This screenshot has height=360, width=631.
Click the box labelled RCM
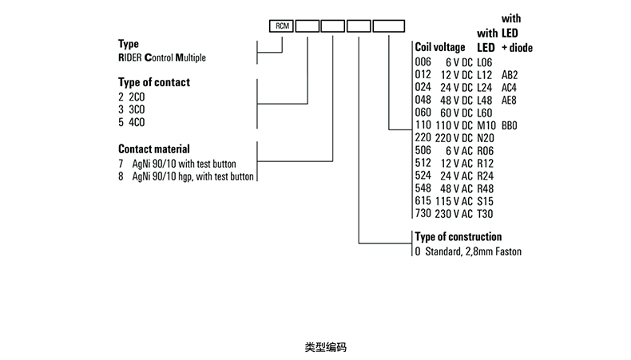[x=282, y=26]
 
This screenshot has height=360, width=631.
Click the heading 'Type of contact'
[x=154, y=81]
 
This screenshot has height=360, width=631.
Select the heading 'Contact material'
[x=153, y=148]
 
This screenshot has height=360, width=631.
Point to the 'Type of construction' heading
[x=458, y=237]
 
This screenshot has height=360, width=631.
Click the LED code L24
[x=485, y=88]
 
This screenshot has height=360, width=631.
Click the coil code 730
[x=423, y=214]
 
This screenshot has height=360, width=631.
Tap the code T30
[x=485, y=214]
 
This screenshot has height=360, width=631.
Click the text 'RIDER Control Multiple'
[x=163, y=57]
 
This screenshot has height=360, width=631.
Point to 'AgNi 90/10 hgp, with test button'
[x=192, y=176]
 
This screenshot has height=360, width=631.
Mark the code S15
[x=485, y=201]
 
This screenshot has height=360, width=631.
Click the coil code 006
[x=423, y=62]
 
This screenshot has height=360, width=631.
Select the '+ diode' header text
[x=517, y=48]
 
